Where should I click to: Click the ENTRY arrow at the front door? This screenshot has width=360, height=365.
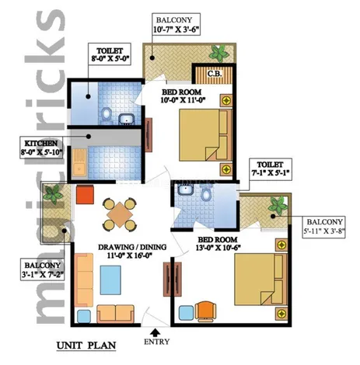[155, 332]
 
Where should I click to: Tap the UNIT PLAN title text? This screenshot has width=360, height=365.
[86, 346]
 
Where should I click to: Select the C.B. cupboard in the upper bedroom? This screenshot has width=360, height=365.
[214, 75]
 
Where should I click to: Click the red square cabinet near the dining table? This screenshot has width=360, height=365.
[85, 194]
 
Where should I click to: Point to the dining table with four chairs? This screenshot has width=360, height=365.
[120, 214]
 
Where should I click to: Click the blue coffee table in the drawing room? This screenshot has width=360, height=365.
[110, 280]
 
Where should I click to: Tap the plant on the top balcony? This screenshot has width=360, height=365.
[219, 54]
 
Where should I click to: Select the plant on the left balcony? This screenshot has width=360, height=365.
[54, 194]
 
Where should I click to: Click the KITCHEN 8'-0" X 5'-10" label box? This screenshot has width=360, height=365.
[41, 148]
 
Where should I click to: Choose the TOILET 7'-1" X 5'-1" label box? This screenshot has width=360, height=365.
[270, 169]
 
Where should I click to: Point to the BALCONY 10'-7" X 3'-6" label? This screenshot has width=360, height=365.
[176, 24]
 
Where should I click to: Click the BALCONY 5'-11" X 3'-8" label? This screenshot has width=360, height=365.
[324, 227]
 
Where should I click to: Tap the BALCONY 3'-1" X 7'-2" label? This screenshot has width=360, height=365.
[43, 269]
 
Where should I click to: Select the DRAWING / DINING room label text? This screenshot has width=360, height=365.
[132, 251]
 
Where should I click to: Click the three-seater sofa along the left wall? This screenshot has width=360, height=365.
[84, 280]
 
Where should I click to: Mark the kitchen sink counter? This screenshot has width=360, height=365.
[79, 162]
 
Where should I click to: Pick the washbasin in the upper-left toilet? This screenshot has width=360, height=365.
[127, 118]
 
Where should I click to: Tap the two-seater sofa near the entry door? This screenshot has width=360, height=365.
[115, 314]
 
